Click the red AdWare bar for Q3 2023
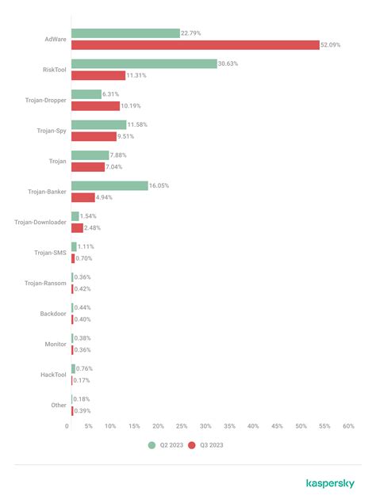pos(195,45)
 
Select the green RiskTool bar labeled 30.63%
pos(144,63)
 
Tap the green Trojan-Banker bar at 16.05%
pos(109,185)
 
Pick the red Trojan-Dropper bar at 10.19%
pos(95,106)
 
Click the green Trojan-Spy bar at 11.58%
pos(98,124)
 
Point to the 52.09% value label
pos(332,45)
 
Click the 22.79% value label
pos(191,33)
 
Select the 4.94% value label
pos(106,197)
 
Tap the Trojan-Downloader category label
pos(40,222)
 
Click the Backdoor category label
pos(53,314)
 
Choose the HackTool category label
pos(53,375)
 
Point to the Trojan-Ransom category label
pos(45,283)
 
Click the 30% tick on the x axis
pos(205,426)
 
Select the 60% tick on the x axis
pos(348,426)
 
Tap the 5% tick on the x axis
pos(88,426)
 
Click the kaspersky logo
pos(330,483)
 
